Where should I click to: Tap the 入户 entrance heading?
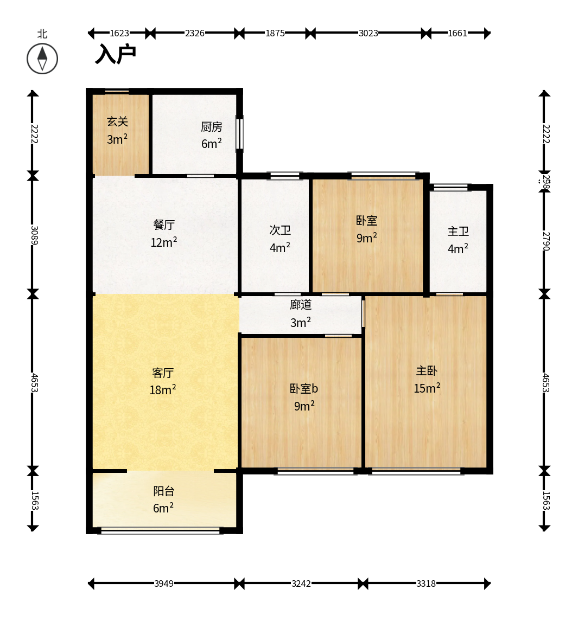pyautogui.click(x=115, y=54)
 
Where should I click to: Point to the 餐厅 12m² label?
pyautogui.click(x=163, y=233)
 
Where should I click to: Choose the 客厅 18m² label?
pyautogui.click(x=163, y=381)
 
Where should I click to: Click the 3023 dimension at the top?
pyautogui.click(x=368, y=33)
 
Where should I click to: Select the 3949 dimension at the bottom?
pyautogui.click(x=163, y=583)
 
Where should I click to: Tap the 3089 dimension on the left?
pyautogui.click(x=33, y=235)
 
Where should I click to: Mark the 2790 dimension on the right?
pyautogui.click(x=545, y=241)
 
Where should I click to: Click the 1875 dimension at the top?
pyautogui.click(x=275, y=33)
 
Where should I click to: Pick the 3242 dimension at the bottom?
pyautogui.click(x=301, y=583)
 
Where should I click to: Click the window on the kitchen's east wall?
pyautogui.click(x=239, y=133)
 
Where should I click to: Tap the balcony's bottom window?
pyautogui.click(x=161, y=531)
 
